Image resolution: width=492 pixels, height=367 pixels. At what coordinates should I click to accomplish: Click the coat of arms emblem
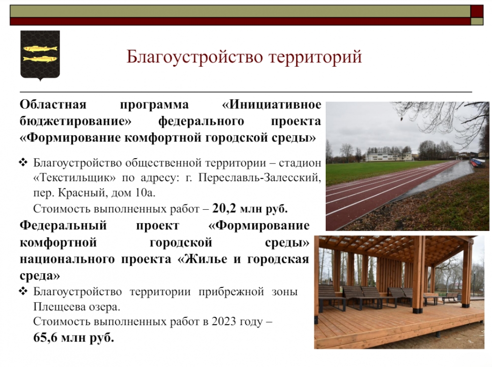pos(40,56)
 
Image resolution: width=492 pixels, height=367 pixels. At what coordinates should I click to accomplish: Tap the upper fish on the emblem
pos(40,49)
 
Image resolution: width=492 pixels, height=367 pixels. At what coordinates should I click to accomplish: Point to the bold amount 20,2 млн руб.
pos(250,208)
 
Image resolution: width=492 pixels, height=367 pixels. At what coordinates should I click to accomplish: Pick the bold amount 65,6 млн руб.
pos(73,338)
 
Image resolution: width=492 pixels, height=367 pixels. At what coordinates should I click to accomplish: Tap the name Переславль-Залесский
pos(260,178)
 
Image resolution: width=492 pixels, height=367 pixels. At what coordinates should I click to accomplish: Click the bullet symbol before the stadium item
pos(24,163)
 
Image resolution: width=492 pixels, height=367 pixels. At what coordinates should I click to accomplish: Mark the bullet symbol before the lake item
pos(24,291)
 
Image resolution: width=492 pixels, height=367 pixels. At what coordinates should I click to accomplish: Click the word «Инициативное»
pos(272,104)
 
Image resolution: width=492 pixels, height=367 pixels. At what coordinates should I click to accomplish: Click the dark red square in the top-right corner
pos(477,11)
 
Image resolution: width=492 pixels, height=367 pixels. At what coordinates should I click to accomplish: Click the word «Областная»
pos(53,104)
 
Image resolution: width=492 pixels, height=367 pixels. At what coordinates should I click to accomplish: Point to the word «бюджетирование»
pos(76,121)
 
